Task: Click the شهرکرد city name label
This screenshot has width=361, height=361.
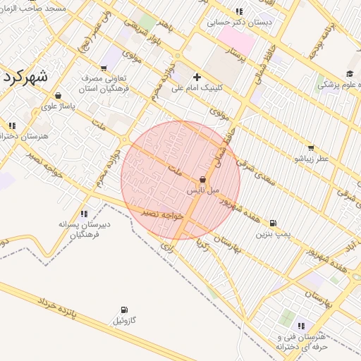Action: pyautogui.click(x=23, y=77)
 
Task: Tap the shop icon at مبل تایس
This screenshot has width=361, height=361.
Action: pyautogui.click(x=204, y=180)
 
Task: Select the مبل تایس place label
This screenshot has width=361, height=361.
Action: pyautogui.click(x=204, y=190)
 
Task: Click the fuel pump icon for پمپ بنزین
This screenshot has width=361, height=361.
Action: pyautogui.click(x=274, y=223)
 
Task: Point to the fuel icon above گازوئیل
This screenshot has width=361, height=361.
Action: pyautogui.click(x=125, y=310)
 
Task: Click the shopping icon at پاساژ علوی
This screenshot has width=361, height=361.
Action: pyautogui.click(x=57, y=96)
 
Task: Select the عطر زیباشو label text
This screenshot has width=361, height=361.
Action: pyautogui.click(x=312, y=159)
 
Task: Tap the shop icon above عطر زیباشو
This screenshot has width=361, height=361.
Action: pyautogui.click(x=312, y=149)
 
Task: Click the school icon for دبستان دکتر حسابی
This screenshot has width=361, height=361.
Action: pyautogui.click(x=239, y=11)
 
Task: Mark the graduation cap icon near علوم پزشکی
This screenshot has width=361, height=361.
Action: pyautogui.click(x=350, y=74)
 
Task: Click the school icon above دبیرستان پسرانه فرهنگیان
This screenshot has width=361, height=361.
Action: pyautogui.click(x=84, y=213)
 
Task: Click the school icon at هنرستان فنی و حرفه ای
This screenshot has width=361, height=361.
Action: pyautogui.click(x=302, y=326)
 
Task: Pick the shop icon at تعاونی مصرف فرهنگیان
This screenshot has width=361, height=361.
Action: pyautogui.click(x=104, y=68)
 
